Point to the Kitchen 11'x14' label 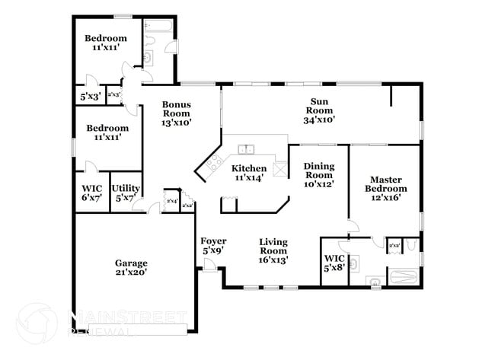pos(249,173)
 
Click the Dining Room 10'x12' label pos(318,174)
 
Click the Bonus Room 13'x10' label pos(176,113)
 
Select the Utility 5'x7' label pos(125,193)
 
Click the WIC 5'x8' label pos(334,263)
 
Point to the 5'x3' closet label pos(89,97)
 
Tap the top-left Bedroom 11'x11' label pos(106,43)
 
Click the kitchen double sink pos(247,149)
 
